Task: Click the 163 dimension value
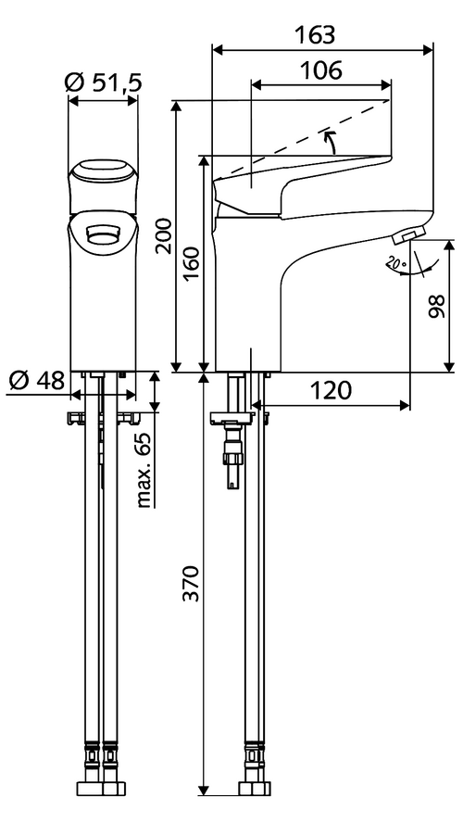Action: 314,35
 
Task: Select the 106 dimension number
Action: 320,70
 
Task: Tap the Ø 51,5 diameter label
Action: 104,82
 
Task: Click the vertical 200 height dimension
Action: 164,236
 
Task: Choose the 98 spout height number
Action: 436,306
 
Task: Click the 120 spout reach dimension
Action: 330,390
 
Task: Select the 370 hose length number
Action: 193,584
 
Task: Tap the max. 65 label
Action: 144,471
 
